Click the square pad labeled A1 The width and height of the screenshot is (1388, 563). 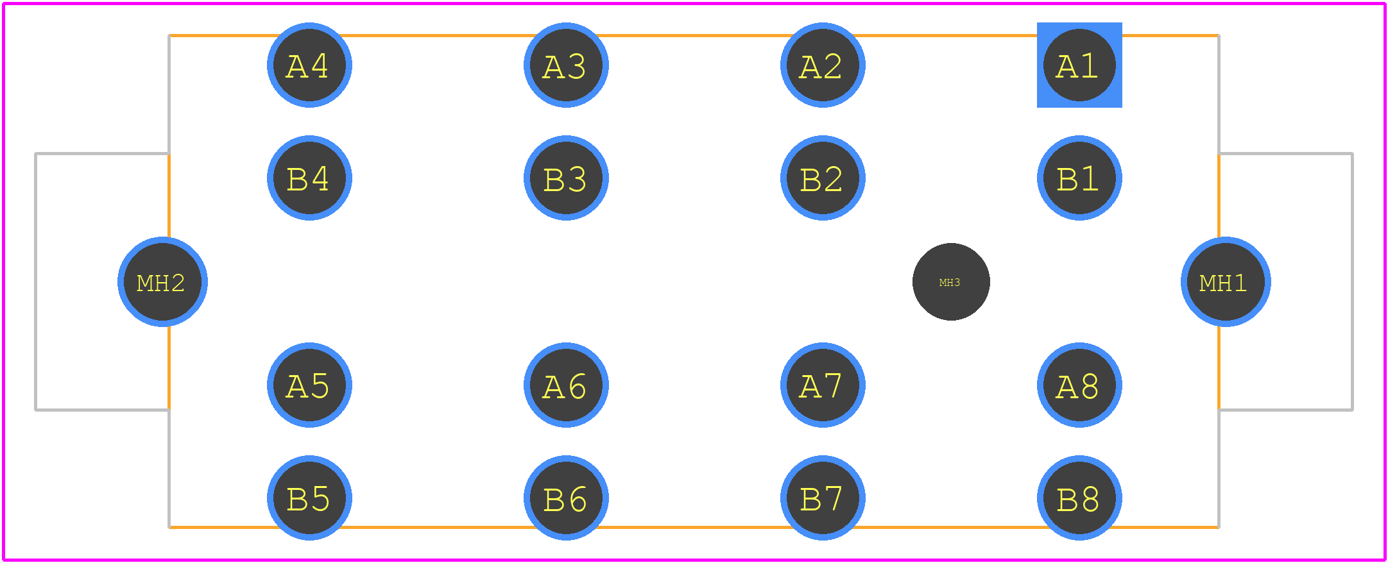pos(1079,65)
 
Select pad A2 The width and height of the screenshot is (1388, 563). pos(823,65)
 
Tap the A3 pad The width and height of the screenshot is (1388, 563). pos(566,65)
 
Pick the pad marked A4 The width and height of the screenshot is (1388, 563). pos(309,65)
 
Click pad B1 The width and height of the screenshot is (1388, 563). pos(1079,178)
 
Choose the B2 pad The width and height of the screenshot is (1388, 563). pos(823,178)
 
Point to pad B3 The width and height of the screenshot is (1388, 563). pos(566,178)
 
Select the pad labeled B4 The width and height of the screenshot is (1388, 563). pos(309,178)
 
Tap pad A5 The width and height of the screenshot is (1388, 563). pos(309,385)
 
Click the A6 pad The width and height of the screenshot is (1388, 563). pos(566,385)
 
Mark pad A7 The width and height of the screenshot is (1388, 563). pos(823,385)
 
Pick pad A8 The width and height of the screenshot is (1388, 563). pos(1079,385)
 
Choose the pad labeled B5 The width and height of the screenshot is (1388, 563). pos(309,498)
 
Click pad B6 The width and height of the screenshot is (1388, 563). pos(566,498)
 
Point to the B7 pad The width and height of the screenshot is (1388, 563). pos(823,498)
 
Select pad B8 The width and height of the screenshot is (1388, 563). pos(1079,498)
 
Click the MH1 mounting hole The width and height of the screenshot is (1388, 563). pos(1226,281)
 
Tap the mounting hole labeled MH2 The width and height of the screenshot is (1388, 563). pos(162,281)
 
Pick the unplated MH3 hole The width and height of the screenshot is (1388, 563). pos(951,281)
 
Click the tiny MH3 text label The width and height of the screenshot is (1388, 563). pos(950,283)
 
